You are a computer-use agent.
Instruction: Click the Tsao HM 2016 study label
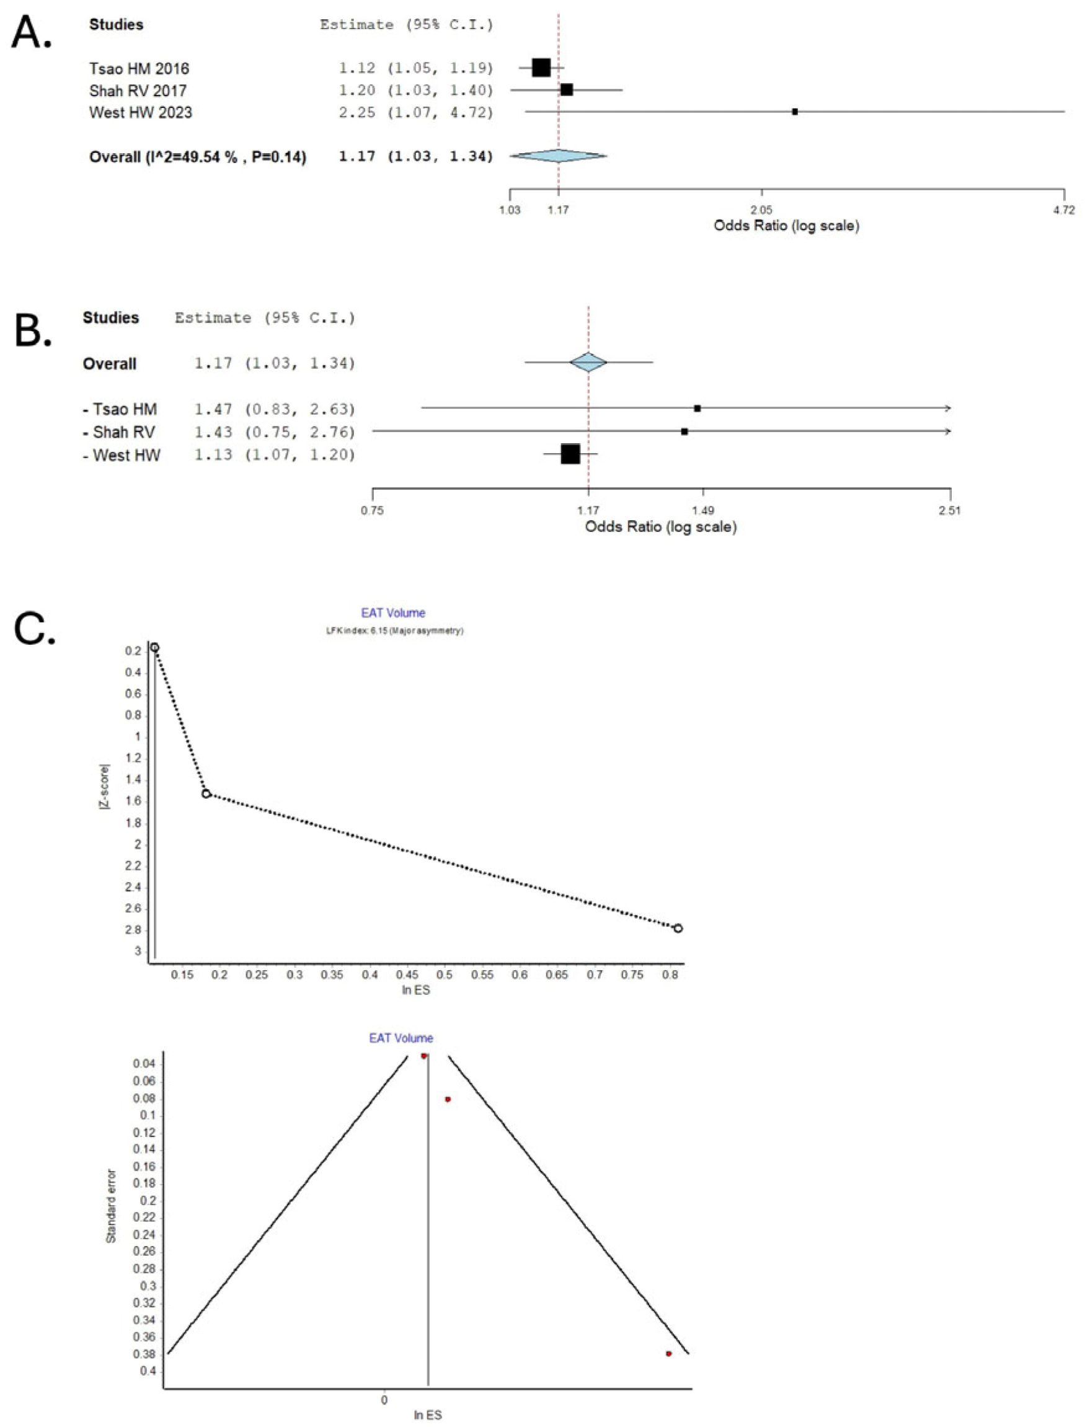139,68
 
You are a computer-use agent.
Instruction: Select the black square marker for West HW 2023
795,112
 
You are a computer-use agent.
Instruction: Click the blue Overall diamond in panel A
559,156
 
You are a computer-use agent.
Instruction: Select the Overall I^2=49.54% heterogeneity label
197,156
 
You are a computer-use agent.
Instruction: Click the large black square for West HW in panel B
570,454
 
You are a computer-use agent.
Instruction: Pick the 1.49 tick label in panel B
702,510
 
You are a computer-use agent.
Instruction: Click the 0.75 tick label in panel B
372,510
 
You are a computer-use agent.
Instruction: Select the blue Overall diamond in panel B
588,362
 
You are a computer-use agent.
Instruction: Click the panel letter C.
34,630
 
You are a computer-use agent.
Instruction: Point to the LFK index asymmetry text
394,631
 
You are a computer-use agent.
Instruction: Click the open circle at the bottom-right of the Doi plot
678,929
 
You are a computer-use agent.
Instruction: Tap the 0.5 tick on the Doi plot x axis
445,974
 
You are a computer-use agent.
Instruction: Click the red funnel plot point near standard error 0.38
668,1353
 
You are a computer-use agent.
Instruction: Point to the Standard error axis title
111,1206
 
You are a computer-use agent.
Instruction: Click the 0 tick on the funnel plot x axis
384,1400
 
